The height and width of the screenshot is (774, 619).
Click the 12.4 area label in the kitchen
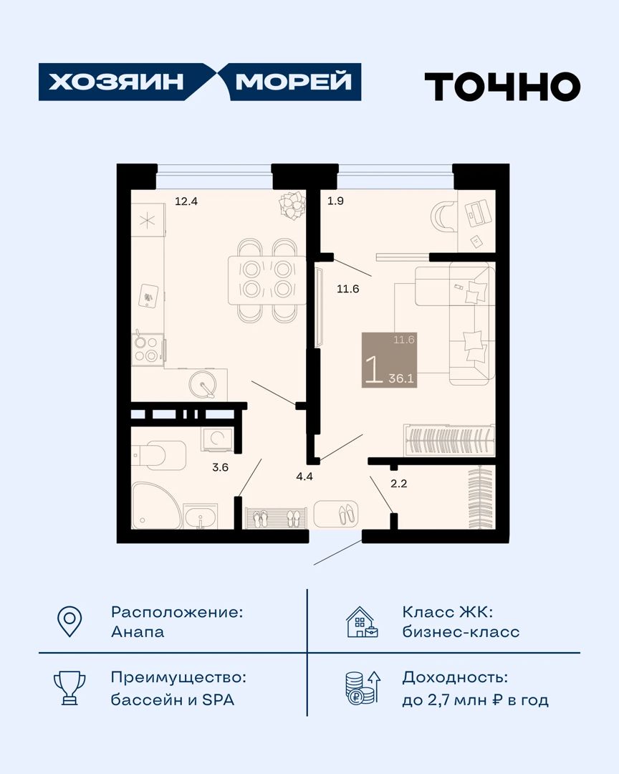[x=186, y=201]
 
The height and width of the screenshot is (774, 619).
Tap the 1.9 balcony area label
[x=336, y=201]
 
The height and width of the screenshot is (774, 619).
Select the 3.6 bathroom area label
[x=220, y=467]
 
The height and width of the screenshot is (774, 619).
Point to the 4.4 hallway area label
[x=304, y=477]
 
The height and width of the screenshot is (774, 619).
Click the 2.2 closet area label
[x=399, y=484]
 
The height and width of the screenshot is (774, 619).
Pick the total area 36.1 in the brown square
[x=400, y=378]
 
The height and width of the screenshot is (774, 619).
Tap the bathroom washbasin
[x=200, y=516]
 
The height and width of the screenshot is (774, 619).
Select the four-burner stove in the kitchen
[x=148, y=350]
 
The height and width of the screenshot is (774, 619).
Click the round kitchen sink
[x=203, y=385]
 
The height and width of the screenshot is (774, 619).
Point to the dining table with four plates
[x=267, y=280]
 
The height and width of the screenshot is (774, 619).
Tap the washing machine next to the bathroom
[x=218, y=439]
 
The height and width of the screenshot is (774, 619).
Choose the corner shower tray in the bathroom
[x=155, y=506]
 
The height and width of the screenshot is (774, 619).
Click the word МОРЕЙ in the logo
[x=293, y=82]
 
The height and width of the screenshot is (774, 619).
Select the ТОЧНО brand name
[x=502, y=87]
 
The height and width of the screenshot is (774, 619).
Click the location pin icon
[x=69, y=621]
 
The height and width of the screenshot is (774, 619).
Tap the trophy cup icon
[x=69, y=687]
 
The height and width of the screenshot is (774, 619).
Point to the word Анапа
[x=138, y=632]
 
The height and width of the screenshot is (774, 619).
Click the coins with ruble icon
[x=363, y=687]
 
